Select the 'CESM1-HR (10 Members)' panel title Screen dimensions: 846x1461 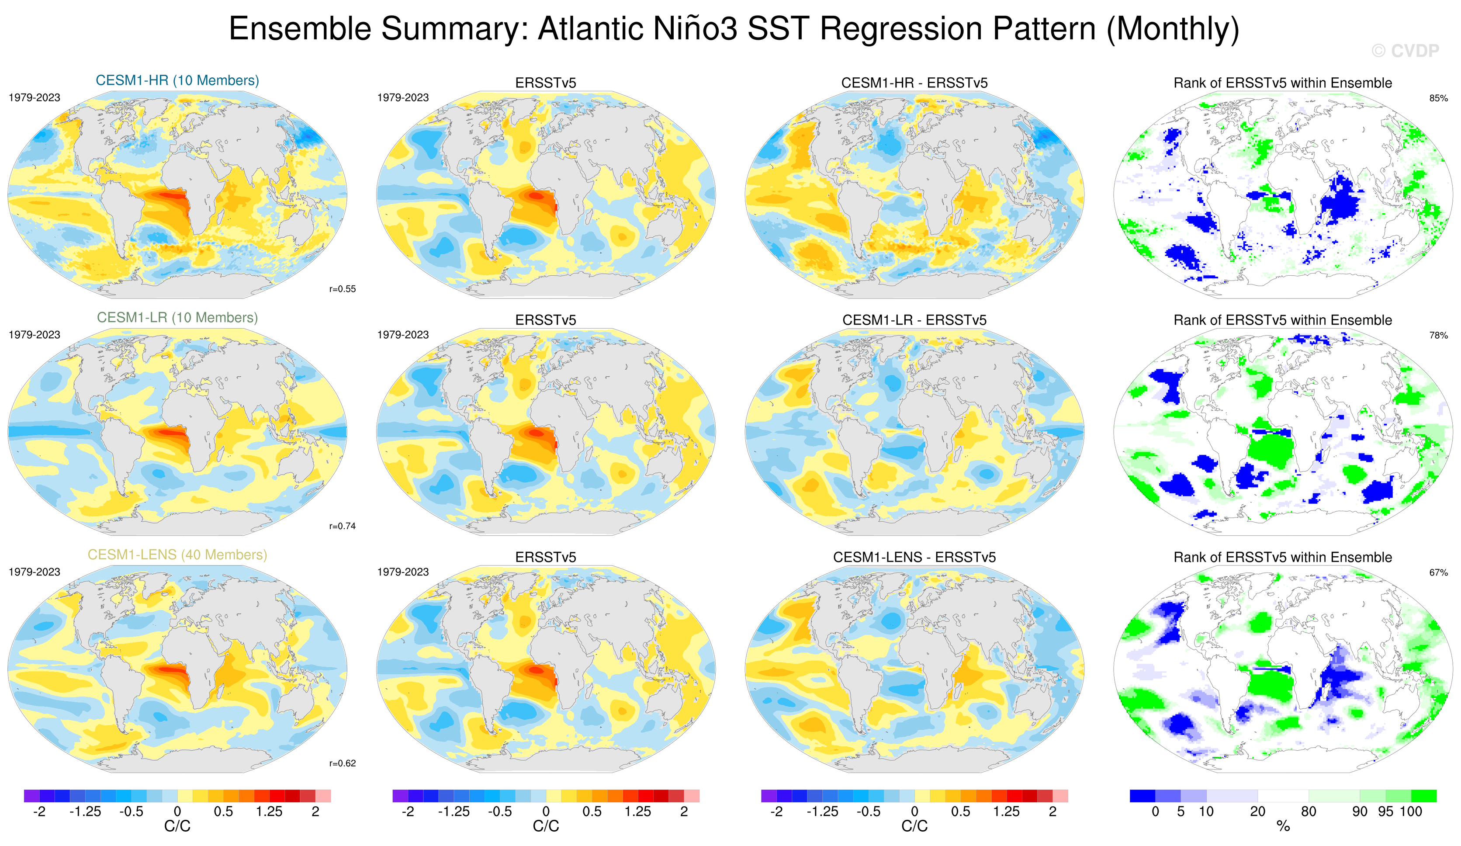(177, 80)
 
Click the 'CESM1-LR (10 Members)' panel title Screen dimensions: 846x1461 (177, 318)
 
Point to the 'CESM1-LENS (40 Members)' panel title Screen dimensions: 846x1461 (177, 555)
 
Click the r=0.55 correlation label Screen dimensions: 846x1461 (343, 289)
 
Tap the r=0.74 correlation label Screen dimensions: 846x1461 (343, 526)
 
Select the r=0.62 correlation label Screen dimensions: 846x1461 (343, 763)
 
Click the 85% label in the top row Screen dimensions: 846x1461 (1438, 98)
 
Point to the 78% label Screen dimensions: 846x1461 (1438, 335)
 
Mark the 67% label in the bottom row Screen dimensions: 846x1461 (1438, 572)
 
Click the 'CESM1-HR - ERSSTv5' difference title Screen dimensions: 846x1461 (914, 83)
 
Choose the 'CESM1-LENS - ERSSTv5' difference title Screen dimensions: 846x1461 (914, 557)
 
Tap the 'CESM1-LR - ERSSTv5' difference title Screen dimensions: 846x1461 (914, 320)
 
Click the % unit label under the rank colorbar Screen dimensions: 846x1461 (1283, 826)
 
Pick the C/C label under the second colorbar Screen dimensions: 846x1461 (546, 826)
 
